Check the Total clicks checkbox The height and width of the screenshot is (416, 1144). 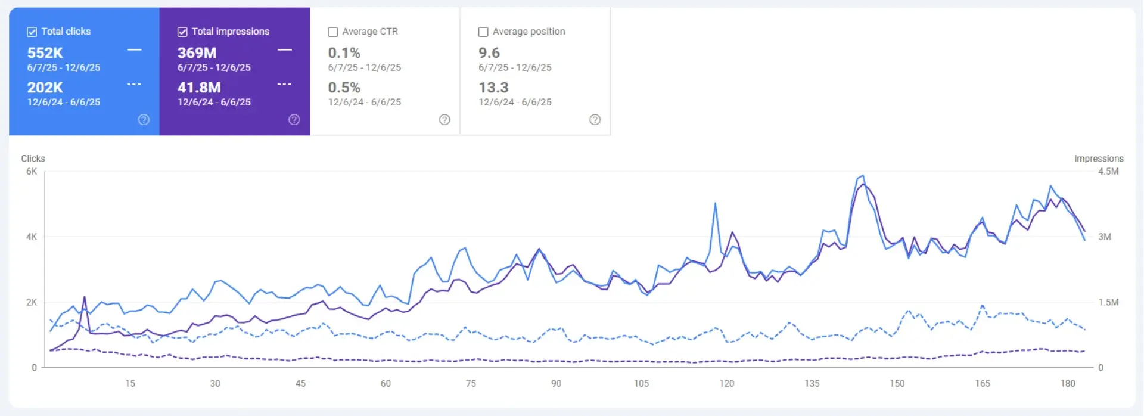coord(32,32)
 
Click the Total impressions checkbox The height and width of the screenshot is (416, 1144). coord(182,32)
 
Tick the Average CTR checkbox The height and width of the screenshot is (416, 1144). coord(333,32)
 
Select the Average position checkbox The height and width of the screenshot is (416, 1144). coord(483,32)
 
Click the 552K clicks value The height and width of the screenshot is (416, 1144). coord(45,53)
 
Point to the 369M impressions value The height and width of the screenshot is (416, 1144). coord(197,53)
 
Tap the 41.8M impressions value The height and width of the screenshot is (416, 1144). coord(199,88)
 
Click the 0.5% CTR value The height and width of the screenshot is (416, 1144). coord(344,88)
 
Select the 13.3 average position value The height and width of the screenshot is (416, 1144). coord(493,88)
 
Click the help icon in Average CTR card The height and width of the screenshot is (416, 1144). coord(444,120)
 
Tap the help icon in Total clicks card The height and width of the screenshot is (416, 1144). coord(144,120)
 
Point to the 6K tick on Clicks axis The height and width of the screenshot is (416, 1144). coord(32,172)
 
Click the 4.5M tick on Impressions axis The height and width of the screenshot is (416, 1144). coord(1108,172)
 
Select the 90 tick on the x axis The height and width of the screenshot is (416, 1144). coord(556,383)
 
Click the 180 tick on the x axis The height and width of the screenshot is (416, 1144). coord(1068,383)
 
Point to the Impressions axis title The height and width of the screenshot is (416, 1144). coord(1099,159)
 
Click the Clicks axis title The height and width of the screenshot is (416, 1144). coord(33,159)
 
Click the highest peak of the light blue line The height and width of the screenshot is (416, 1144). coord(863,176)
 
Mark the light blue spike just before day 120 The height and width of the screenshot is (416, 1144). coord(715,204)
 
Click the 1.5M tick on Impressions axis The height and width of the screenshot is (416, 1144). coord(1108,302)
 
